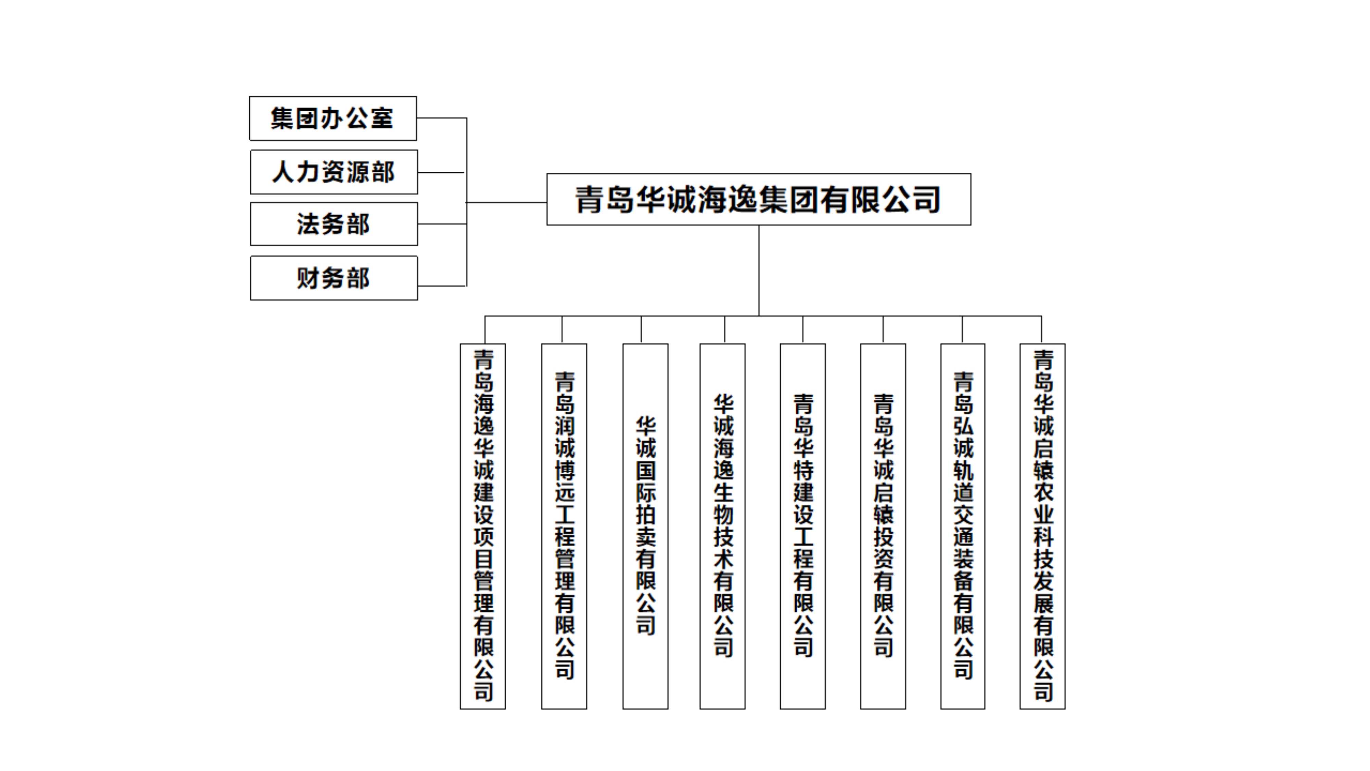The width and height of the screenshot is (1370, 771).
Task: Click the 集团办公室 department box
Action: (333, 118)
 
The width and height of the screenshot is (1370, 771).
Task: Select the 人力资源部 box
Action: (334, 172)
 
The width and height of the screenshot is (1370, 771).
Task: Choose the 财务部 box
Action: (334, 278)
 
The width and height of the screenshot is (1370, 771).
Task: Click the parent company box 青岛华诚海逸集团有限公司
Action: (758, 199)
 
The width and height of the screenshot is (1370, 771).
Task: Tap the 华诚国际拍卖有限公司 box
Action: (646, 526)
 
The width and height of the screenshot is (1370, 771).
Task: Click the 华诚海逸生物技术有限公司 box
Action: (723, 526)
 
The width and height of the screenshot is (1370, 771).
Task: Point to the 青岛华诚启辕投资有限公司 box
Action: (883, 526)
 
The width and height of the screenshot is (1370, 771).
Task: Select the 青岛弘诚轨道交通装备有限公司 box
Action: (963, 526)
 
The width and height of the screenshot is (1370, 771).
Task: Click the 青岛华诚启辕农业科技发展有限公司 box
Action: (1042, 526)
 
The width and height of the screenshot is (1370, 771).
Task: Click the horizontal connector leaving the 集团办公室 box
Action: (441, 118)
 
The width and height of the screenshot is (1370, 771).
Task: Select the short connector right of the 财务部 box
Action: (441, 286)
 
